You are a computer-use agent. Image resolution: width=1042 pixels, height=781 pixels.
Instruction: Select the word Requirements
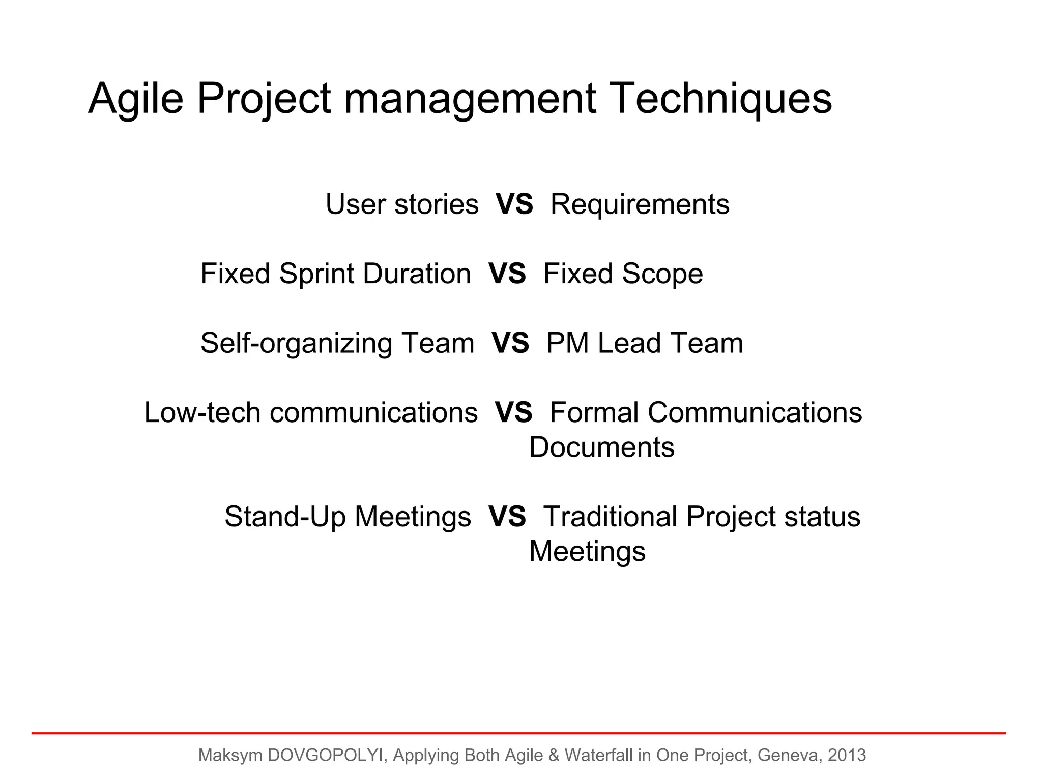(640, 204)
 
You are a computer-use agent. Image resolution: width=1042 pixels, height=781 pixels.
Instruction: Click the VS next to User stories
(514, 204)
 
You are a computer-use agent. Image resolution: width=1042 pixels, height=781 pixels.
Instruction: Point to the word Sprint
(316, 274)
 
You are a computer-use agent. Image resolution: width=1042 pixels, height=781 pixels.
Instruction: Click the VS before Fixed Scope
(507, 274)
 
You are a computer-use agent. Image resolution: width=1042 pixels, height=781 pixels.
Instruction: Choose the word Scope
(662, 274)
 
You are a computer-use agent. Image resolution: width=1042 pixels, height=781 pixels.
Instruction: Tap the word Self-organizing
(296, 343)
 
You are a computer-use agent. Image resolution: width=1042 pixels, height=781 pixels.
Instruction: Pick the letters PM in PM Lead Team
(567, 343)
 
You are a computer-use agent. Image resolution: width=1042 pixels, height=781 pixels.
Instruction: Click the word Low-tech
(202, 412)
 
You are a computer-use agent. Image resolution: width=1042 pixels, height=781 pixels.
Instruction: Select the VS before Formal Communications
(513, 412)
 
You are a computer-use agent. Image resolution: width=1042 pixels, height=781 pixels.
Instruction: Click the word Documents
(602, 447)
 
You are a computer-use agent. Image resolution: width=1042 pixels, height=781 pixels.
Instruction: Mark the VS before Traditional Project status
(507, 517)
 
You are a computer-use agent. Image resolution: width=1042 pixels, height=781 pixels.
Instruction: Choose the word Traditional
(611, 517)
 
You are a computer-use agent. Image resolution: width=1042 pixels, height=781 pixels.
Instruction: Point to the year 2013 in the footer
(847, 756)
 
